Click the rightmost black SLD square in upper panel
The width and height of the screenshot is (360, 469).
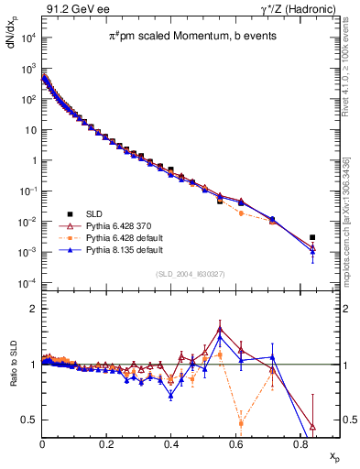pyautogui.click(x=312, y=237)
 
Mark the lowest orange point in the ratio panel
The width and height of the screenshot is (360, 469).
pyautogui.click(x=241, y=423)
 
